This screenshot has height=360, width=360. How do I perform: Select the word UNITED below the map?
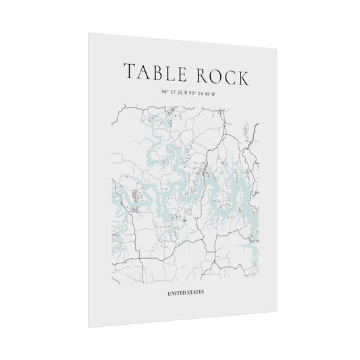point(178,292)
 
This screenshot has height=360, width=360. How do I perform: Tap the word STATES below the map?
point(197,292)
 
